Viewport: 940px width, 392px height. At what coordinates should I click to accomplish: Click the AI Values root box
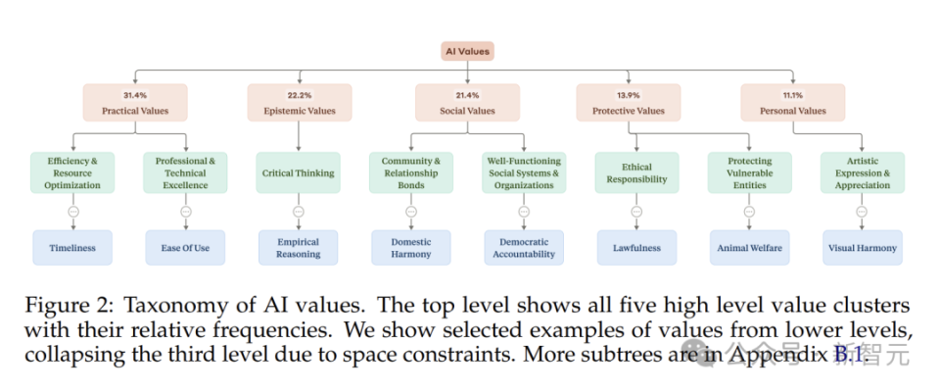(x=467, y=51)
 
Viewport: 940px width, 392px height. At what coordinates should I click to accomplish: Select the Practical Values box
(x=135, y=103)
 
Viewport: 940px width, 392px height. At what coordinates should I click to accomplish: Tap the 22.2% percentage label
(x=300, y=95)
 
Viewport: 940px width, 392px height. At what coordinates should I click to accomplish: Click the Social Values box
(x=467, y=103)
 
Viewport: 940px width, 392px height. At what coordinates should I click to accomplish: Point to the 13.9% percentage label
(x=629, y=95)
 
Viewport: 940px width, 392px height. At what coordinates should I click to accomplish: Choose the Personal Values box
(x=792, y=103)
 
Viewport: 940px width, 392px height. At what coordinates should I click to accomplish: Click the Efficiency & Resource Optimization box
(x=72, y=172)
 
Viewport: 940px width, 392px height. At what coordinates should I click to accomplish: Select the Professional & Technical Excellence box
(x=185, y=172)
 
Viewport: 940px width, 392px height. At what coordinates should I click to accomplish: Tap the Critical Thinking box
(x=298, y=172)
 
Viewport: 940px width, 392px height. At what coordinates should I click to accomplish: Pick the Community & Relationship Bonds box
(x=411, y=172)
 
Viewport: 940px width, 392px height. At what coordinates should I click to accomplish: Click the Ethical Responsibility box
(x=636, y=172)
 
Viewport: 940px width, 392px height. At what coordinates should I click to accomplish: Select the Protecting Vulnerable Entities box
(x=749, y=172)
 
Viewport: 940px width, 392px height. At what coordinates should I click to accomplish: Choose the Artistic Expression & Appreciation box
(x=862, y=172)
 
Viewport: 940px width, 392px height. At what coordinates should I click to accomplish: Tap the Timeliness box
(x=72, y=248)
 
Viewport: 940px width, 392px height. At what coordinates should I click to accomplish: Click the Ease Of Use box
(x=185, y=248)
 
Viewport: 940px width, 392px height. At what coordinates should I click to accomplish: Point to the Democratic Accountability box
(x=524, y=248)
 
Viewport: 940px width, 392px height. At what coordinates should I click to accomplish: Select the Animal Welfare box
(x=749, y=248)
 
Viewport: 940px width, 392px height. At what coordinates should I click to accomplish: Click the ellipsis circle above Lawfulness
(x=636, y=212)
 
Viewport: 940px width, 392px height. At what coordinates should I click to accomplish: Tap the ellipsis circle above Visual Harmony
(x=862, y=212)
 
